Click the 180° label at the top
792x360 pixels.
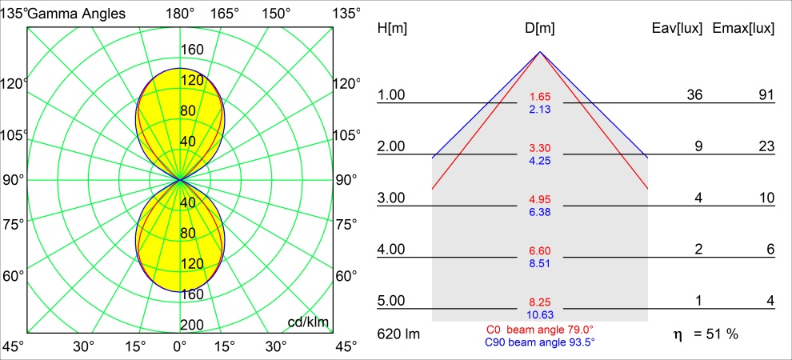pos(180,13)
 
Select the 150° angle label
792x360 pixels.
pos(276,13)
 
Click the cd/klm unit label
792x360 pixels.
pos(309,322)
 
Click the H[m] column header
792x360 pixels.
pos(393,29)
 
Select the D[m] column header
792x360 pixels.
pos(540,29)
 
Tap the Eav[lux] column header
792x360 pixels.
pos(678,29)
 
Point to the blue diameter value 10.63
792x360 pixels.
pos(540,314)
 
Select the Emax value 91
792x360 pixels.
pos(766,95)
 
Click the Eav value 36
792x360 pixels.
pos(694,95)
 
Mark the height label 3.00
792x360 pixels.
pos(391,198)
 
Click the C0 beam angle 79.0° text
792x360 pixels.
pos(540,330)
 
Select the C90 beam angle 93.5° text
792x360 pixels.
pos(540,342)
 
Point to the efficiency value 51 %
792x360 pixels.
pos(717,334)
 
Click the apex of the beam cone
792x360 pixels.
pos(540,52)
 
